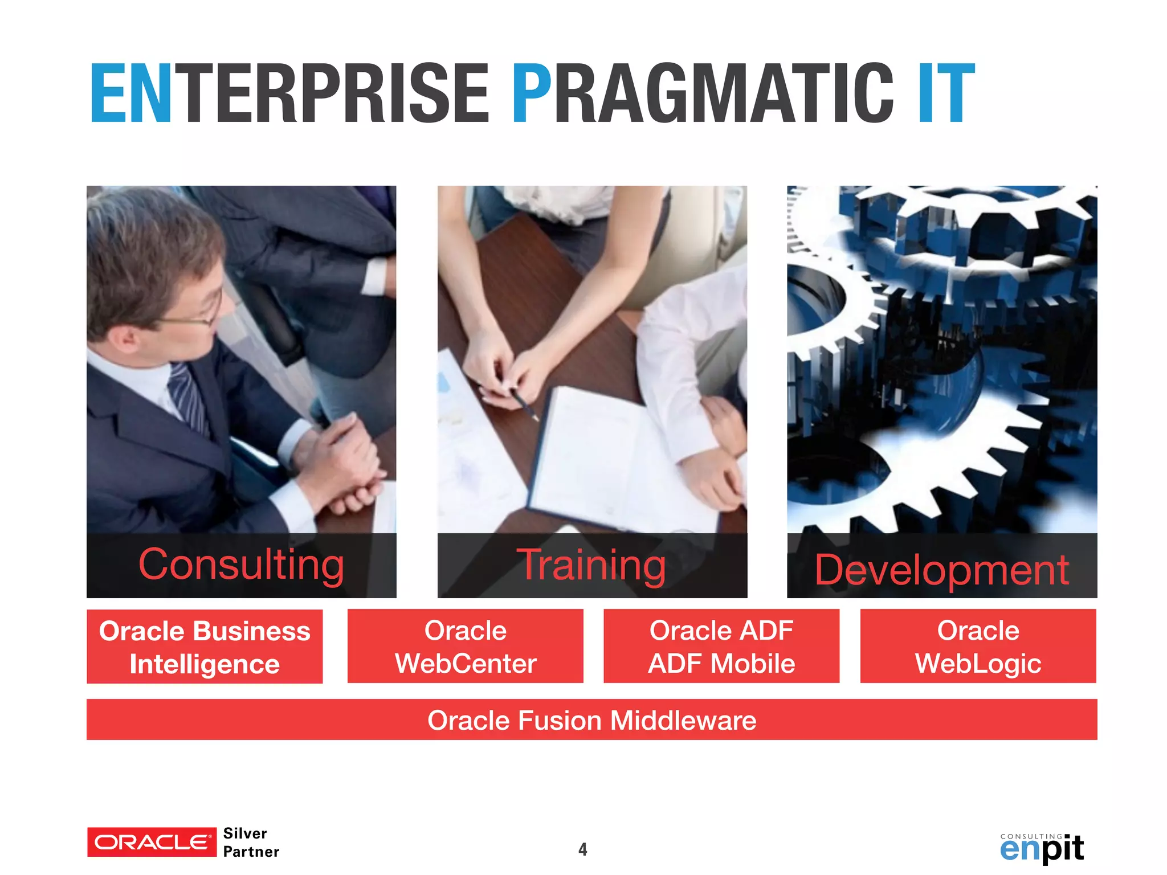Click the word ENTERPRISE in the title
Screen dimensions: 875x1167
289,94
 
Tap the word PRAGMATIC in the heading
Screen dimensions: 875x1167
703,94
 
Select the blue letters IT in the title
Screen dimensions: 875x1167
946,94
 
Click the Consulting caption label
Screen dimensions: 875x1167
241,565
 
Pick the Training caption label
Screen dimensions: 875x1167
591,565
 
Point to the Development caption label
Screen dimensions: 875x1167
941,569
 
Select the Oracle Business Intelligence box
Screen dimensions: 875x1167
205,647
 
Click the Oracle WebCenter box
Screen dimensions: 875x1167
465,646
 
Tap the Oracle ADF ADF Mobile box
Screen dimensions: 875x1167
721,646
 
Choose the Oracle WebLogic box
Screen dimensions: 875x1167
978,646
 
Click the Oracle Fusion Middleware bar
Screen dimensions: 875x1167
591,719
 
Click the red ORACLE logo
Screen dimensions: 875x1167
152,842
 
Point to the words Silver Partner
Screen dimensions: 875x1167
251,842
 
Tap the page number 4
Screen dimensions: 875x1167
582,849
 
